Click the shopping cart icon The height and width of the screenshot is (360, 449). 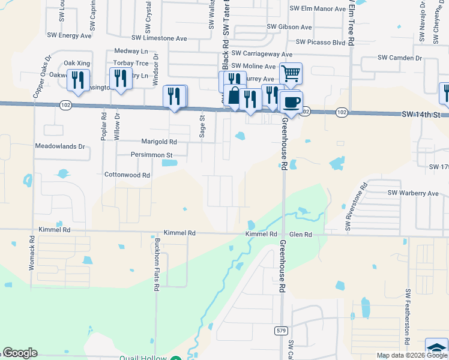[x=291, y=74]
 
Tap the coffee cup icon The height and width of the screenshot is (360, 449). [x=291, y=101]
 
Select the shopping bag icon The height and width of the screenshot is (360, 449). [x=233, y=96]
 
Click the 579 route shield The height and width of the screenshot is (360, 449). [x=281, y=330]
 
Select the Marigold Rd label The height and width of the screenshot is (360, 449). [x=159, y=142]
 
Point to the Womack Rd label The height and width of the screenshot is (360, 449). [x=32, y=253]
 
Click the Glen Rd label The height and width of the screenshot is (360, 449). [x=300, y=235]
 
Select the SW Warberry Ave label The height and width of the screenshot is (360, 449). [x=413, y=193]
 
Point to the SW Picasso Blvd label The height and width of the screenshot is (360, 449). [x=321, y=43]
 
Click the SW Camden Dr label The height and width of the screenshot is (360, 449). [x=400, y=58]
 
